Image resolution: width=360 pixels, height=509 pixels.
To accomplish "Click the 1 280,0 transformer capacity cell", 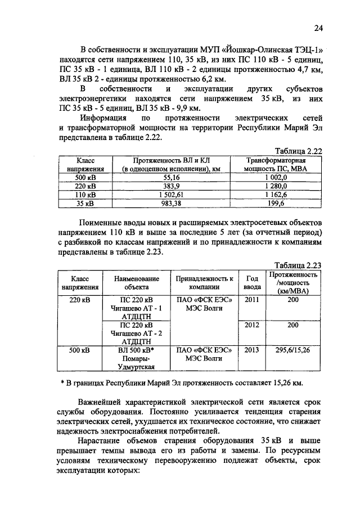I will coord(276,186).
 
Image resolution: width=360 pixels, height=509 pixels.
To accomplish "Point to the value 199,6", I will coord(276,204).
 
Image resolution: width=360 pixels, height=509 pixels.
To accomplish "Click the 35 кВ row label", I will coord(84,204).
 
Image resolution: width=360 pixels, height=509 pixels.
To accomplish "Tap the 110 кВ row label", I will coord(84,195).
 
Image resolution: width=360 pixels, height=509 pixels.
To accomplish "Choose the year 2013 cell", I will coord(251,350).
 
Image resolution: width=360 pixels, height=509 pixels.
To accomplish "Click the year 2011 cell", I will coord(251,300).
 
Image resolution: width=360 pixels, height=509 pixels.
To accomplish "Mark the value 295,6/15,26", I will coord(292,350).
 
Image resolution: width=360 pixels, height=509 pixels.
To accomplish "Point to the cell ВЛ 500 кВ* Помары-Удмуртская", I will coord(137,358).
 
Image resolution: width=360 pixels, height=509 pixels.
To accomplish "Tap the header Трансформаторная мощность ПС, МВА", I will coord(276,164).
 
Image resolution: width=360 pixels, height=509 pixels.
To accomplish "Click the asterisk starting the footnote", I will coord(62,384).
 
